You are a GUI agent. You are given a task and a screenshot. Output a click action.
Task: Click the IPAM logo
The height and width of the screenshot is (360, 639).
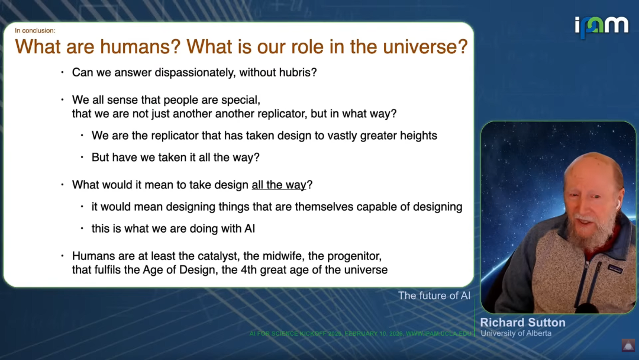[602, 27]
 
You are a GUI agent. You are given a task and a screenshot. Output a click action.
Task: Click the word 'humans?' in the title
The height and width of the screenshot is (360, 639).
[140, 46]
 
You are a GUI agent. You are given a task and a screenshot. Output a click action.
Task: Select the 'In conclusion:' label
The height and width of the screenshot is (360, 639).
[35, 31]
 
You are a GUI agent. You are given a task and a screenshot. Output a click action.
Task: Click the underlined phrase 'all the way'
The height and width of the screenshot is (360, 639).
[279, 185]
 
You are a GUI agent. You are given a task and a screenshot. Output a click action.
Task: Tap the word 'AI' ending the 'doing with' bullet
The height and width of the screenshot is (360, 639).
[250, 229]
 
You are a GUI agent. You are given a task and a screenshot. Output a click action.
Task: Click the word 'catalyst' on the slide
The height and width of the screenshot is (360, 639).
[217, 256]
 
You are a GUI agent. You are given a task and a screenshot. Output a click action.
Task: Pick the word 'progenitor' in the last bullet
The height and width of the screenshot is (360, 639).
[354, 256]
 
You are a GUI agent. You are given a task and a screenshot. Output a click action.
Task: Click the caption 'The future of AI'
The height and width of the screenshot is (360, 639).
[434, 295]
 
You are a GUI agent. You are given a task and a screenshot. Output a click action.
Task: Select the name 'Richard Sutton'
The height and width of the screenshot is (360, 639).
[523, 323]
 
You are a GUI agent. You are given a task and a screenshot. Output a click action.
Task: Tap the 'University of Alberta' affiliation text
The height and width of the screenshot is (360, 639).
[516, 333]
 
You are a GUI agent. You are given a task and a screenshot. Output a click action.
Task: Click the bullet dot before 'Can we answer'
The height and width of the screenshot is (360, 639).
[62, 72]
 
